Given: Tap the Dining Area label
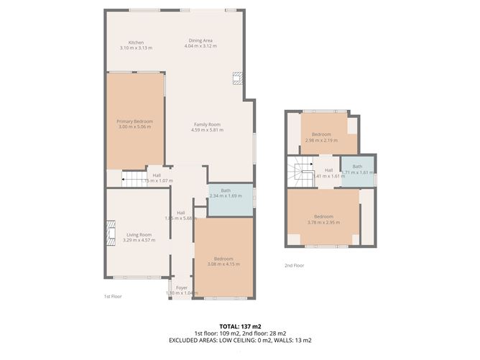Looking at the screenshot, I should coord(200,40).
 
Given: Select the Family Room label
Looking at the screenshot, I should coord(207,124).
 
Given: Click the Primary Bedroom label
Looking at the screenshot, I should coord(134,121).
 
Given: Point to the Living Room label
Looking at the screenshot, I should coord(139,234).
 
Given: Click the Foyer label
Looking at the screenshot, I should coord(181,287).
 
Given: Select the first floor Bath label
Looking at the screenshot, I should coord(226,190).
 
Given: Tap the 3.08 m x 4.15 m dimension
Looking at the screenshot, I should coord(223,264).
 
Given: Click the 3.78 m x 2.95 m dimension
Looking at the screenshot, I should coord(323,222).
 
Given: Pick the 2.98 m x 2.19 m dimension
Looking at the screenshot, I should coord(321,140).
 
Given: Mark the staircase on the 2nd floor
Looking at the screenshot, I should coord(301,173).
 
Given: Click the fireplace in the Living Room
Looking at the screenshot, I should coord(110,232).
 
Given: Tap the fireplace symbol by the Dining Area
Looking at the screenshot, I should coord(236,79).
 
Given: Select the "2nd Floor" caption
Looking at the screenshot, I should coord(294,265).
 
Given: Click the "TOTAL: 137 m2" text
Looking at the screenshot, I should coord(241,326).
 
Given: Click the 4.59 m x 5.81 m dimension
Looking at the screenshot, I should coord(207,130).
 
